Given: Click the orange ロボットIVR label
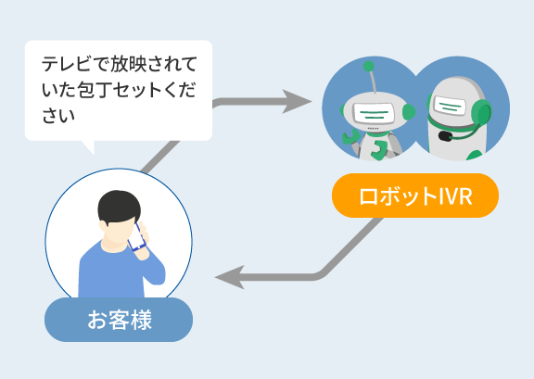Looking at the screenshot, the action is pyautogui.click(x=415, y=196).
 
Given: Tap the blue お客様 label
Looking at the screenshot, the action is pyautogui.click(x=119, y=320).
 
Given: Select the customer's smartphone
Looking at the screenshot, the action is pyautogui.click(x=137, y=237).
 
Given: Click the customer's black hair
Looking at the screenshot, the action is pyautogui.click(x=119, y=206).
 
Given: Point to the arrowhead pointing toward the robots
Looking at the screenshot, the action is pyautogui.click(x=296, y=102).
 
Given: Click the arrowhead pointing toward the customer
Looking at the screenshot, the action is pyautogui.click(x=230, y=277).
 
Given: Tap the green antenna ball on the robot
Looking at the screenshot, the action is pyautogui.click(x=368, y=67).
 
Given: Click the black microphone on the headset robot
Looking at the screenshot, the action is pyautogui.click(x=445, y=136).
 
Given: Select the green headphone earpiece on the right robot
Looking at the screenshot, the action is pyautogui.click(x=481, y=113).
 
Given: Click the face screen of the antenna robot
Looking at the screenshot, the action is pyautogui.click(x=374, y=112).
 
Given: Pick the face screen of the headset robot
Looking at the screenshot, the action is pyautogui.click(x=450, y=106).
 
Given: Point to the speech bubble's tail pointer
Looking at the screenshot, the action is pyautogui.click(x=88, y=147).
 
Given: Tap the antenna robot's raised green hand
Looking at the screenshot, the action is pyautogui.click(x=350, y=137).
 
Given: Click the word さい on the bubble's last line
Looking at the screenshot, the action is pyautogui.click(x=58, y=116).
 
